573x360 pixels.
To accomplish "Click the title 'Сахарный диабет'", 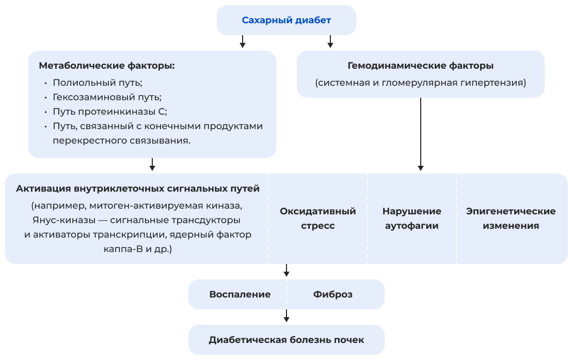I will click(x=286, y=21).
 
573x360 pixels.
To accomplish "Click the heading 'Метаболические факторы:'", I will click(x=107, y=66).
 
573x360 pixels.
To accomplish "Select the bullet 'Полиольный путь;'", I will click(x=97, y=83).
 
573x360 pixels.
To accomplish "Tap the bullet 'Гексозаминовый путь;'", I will click(x=107, y=97).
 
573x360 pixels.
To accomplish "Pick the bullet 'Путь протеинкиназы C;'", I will click(x=109, y=112).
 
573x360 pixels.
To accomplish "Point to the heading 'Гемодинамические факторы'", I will click(x=420, y=66).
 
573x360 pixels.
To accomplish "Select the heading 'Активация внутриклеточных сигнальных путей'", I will click(x=137, y=189).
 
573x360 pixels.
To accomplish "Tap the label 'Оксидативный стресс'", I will click(x=317, y=218).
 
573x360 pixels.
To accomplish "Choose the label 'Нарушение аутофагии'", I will click(x=411, y=218).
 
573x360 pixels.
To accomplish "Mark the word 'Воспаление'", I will click(x=240, y=294).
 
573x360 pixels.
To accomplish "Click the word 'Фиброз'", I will click(x=332, y=294).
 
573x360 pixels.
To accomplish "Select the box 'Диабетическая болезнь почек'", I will click(x=286, y=340).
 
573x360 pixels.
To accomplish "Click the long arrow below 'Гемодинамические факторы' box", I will click(x=421, y=134).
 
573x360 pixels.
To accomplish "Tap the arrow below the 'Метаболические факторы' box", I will click(x=152, y=164).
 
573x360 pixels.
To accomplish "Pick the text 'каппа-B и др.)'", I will click(x=137, y=249).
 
